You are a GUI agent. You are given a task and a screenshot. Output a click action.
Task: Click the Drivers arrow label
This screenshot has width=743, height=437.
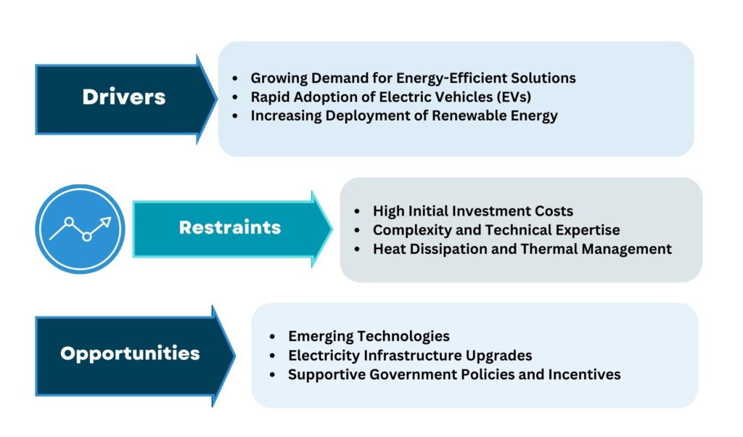tap(123, 97)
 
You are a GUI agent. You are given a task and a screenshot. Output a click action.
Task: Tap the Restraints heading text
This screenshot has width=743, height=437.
tap(230, 227)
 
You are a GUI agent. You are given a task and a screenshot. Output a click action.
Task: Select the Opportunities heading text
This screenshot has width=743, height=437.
tap(130, 354)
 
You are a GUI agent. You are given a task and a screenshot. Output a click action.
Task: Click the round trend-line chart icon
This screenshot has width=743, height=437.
tap(80, 229)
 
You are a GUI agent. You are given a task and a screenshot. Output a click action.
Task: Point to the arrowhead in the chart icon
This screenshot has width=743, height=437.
tap(106, 222)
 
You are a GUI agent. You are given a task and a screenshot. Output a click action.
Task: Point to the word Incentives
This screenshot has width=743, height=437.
tap(584, 375)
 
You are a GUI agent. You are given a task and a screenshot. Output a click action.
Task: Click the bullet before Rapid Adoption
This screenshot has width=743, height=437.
tap(235, 97)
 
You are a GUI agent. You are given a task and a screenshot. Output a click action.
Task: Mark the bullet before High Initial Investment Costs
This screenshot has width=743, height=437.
tap(357, 211)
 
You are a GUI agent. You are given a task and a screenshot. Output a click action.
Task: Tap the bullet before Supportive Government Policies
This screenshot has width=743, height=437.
tap(273, 375)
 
